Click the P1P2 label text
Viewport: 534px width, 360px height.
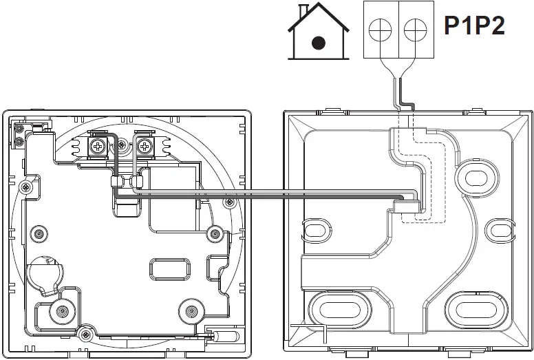click(x=475, y=27)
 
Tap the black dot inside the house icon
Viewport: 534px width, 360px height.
click(x=318, y=43)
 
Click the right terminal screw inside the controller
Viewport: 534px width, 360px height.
click(x=145, y=145)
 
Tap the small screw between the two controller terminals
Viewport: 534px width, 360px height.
click(x=122, y=145)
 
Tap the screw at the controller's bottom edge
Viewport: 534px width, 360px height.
click(x=85, y=335)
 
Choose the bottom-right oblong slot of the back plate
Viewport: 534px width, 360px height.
click(x=474, y=309)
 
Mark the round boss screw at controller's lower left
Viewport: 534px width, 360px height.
click(x=62, y=312)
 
